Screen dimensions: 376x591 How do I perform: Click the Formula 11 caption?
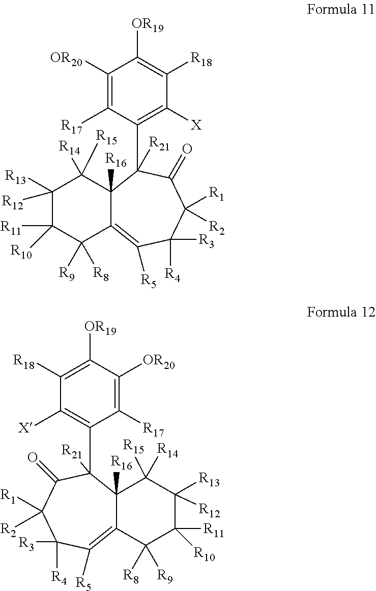coord(340,10)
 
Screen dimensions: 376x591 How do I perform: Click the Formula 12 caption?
coord(340,312)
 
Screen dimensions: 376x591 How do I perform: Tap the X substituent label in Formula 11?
coord(196,126)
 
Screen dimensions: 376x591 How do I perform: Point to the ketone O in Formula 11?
coord(187,149)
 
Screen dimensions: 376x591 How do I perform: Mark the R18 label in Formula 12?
coord(23,362)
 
